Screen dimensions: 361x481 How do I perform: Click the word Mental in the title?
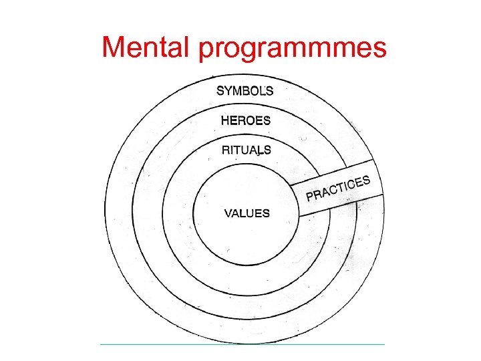[x=146, y=47]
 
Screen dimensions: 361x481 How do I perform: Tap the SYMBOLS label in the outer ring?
[x=245, y=91]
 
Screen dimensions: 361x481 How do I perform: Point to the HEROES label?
[x=246, y=121]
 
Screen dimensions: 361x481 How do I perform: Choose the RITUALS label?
[x=246, y=150]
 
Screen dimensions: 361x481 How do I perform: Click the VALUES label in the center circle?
[x=247, y=214]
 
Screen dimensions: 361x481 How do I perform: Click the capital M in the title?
[x=114, y=47]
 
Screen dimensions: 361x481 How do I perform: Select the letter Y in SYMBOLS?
[x=228, y=91]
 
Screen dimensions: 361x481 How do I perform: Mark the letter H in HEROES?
[x=225, y=121]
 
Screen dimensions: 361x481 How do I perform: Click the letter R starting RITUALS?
[x=226, y=150]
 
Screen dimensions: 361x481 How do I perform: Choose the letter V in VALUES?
[x=228, y=214]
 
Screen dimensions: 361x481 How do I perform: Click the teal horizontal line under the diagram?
[x=243, y=344]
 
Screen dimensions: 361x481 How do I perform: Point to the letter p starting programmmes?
[x=206, y=51]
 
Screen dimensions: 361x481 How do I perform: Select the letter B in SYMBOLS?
[x=247, y=91]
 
